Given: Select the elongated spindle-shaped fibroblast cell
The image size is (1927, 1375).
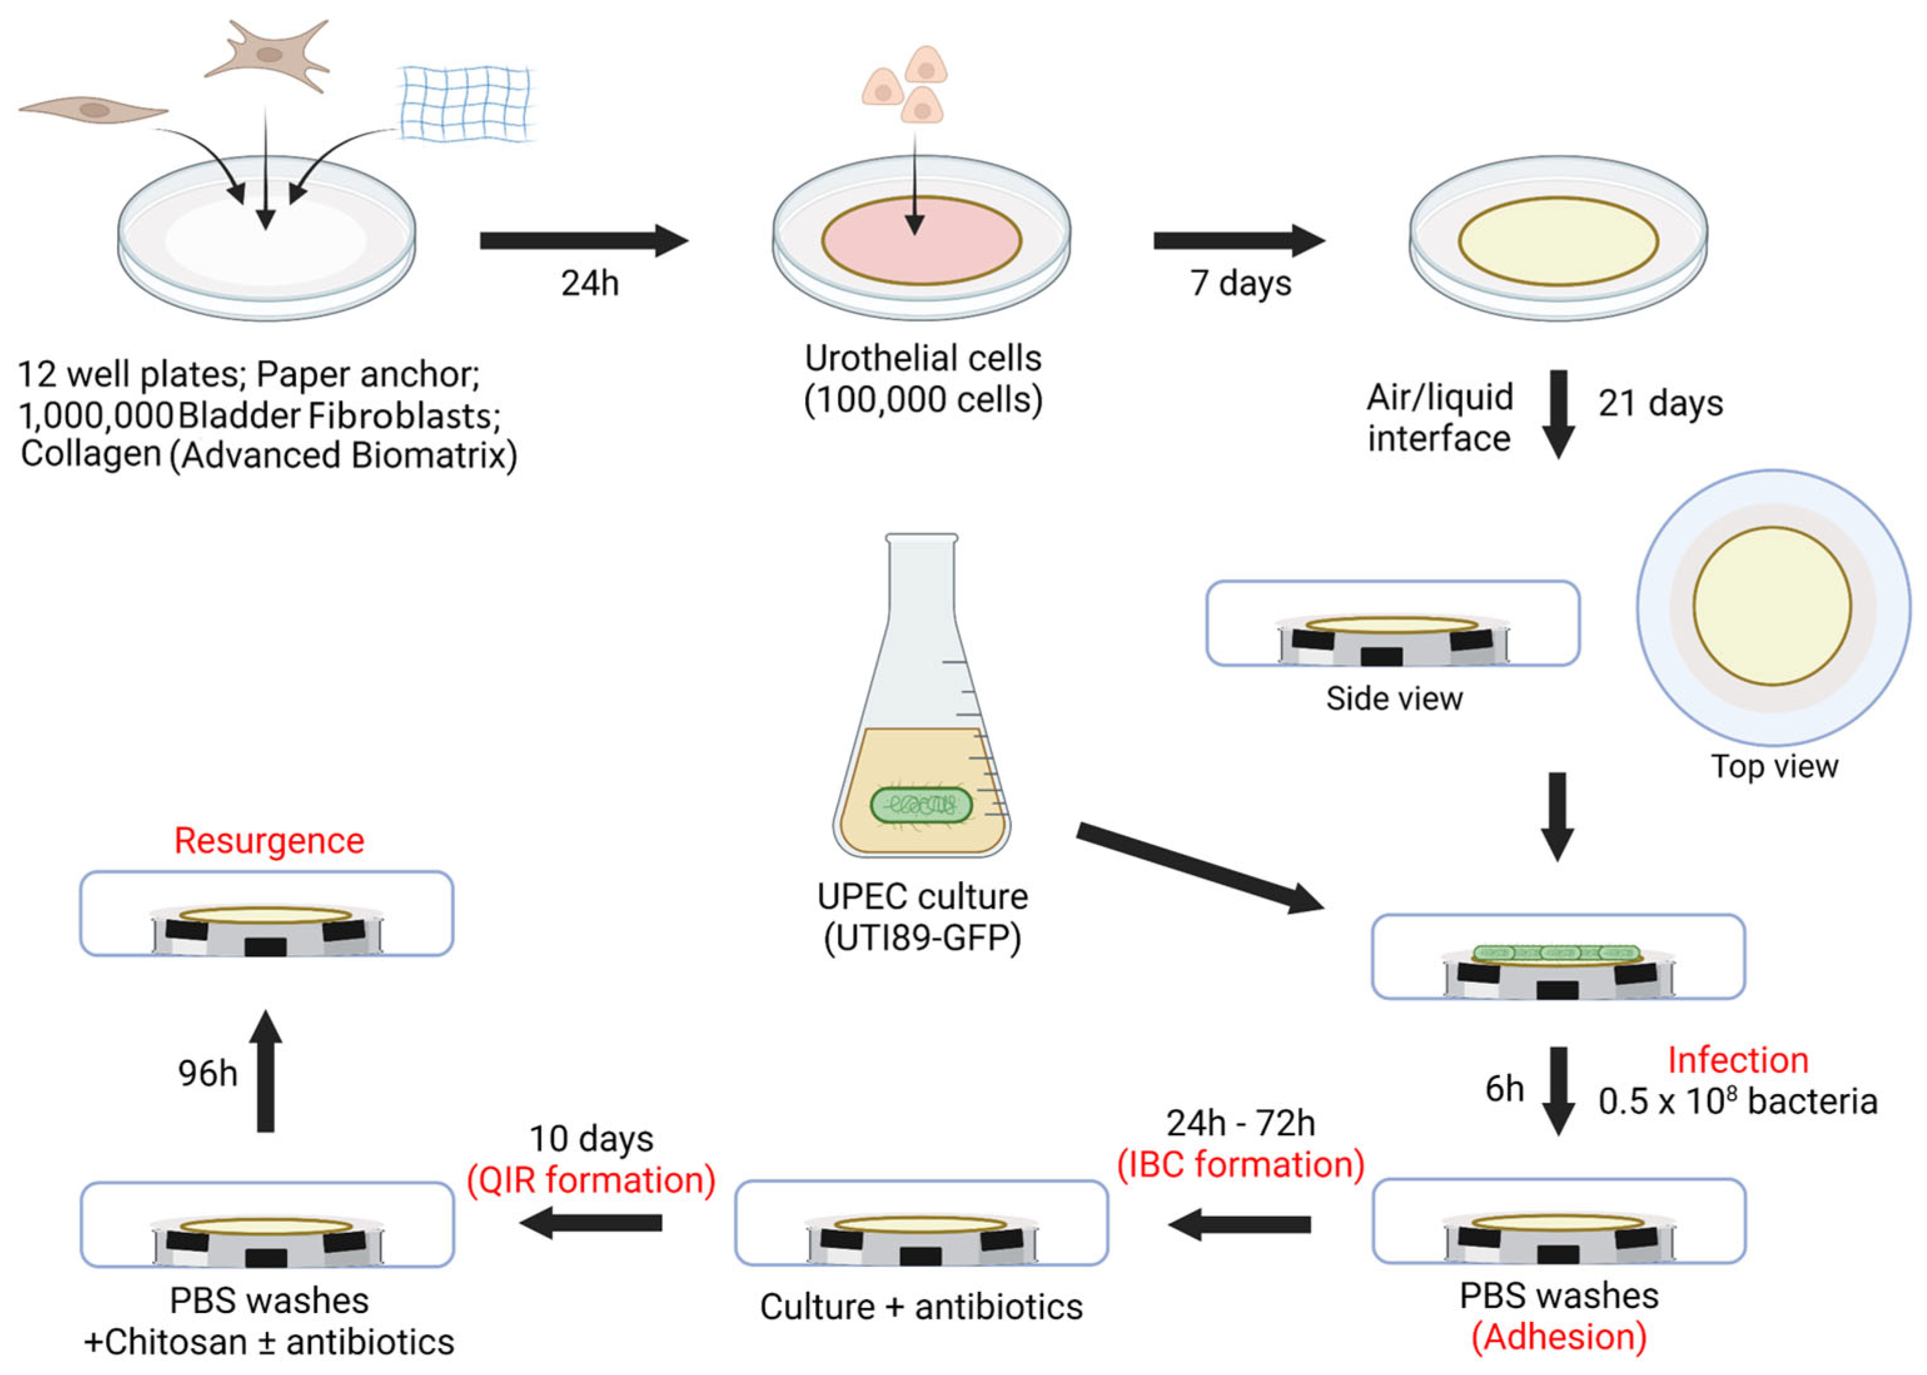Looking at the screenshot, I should pyautogui.click(x=93, y=110).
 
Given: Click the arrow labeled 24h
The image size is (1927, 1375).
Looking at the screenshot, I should pyautogui.click(x=583, y=240).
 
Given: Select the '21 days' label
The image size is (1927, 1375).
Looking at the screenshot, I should pyautogui.click(x=1660, y=404).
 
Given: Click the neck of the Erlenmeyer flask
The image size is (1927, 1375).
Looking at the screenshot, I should pyautogui.click(x=921, y=593).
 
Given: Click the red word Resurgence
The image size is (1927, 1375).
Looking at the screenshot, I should pyautogui.click(x=269, y=841).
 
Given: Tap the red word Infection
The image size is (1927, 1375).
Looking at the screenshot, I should pyautogui.click(x=1737, y=1060).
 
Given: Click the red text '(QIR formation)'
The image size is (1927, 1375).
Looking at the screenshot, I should pyautogui.click(x=591, y=1179).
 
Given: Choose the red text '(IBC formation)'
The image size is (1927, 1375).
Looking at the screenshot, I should pyautogui.click(x=1240, y=1164).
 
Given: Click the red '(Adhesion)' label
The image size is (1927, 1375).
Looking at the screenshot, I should pyautogui.click(x=1558, y=1337).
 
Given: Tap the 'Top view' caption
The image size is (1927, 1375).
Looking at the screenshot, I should pyautogui.click(x=1775, y=766).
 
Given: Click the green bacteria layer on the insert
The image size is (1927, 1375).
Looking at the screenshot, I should pyautogui.click(x=1555, y=953).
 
